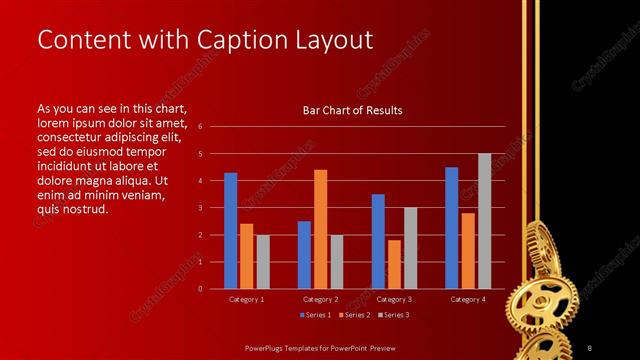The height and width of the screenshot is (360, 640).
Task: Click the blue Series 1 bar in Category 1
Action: [x=231, y=231]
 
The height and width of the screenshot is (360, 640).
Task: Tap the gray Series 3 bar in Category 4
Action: [x=484, y=221]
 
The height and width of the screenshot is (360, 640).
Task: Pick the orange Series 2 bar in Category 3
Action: [x=394, y=264]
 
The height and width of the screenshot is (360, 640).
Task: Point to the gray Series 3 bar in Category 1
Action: [x=263, y=262]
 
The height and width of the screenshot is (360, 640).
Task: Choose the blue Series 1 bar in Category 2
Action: [x=304, y=255]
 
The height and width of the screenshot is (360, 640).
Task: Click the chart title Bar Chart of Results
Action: [x=352, y=111]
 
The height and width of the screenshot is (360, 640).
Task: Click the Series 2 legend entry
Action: [x=354, y=315]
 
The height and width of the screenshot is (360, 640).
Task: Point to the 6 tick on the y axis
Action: [x=200, y=127]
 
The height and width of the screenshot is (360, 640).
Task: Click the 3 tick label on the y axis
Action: [x=200, y=208]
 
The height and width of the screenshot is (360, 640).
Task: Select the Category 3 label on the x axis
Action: [x=394, y=299]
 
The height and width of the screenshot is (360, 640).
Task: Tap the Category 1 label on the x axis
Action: [x=247, y=299]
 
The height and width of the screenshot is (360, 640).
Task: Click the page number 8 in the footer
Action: [x=589, y=347]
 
